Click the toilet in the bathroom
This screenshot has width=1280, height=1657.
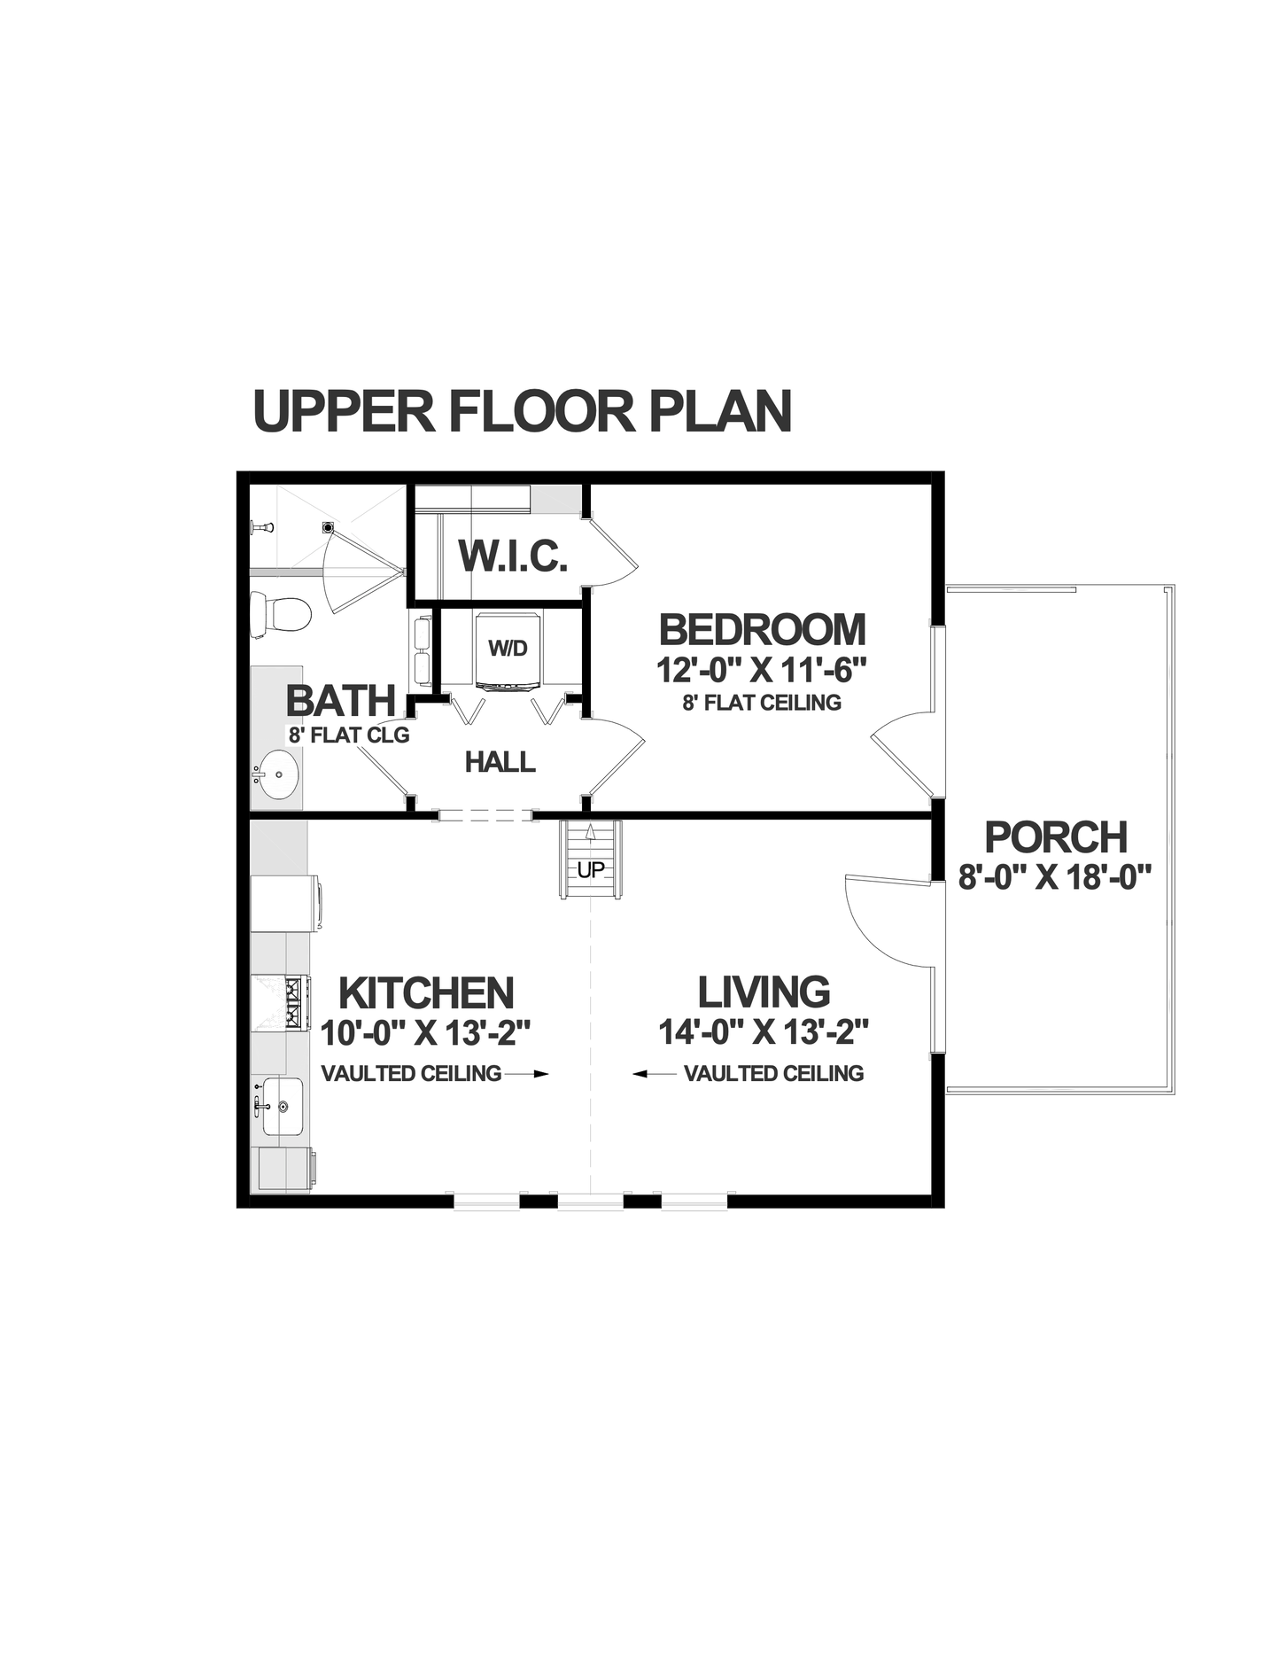pyautogui.click(x=282, y=614)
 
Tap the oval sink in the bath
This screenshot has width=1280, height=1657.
pyautogui.click(x=276, y=775)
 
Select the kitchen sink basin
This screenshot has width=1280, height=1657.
pyautogui.click(x=282, y=1106)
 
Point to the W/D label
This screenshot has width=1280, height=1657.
pyautogui.click(x=508, y=649)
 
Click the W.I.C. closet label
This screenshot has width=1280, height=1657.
pyautogui.click(x=513, y=556)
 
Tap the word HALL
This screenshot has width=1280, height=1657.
pyautogui.click(x=500, y=761)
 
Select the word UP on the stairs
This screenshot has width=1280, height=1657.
pyautogui.click(x=590, y=870)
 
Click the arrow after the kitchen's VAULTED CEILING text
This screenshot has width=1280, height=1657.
pyautogui.click(x=528, y=1074)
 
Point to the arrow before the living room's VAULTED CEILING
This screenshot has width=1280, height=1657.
pyautogui.click(x=654, y=1074)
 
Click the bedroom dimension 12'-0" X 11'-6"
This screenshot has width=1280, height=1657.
pyautogui.click(x=761, y=669)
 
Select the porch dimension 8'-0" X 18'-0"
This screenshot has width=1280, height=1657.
pyautogui.click(x=1055, y=877)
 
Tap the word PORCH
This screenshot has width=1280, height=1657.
pyautogui.click(x=1056, y=837)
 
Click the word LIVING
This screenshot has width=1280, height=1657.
pyautogui.click(x=764, y=992)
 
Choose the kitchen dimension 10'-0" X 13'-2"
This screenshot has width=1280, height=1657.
pyautogui.click(x=425, y=1033)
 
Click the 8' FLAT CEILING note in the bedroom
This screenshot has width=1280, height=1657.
pyautogui.click(x=761, y=703)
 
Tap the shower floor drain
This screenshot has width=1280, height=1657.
pyautogui.click(x=328, y=527)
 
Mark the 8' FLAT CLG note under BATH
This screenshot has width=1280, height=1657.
pyautogui.click(x=349, y=735)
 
